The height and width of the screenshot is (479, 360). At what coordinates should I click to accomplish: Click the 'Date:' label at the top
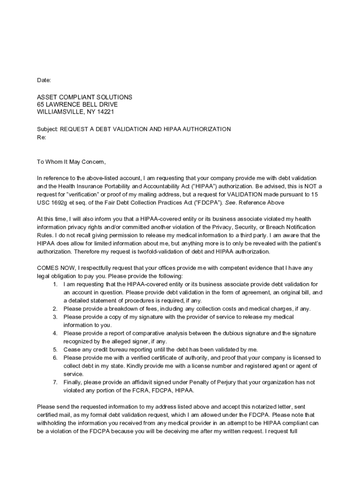44,80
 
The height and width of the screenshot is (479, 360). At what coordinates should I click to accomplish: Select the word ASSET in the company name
47,97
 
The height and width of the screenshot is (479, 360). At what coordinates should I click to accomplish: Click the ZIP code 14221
105,112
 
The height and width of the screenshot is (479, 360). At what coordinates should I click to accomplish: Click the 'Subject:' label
47,129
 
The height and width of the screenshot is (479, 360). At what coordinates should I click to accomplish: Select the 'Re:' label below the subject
41,138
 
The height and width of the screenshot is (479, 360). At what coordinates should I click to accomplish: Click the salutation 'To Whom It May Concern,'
72,162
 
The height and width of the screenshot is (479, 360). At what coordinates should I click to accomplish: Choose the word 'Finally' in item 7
74,382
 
